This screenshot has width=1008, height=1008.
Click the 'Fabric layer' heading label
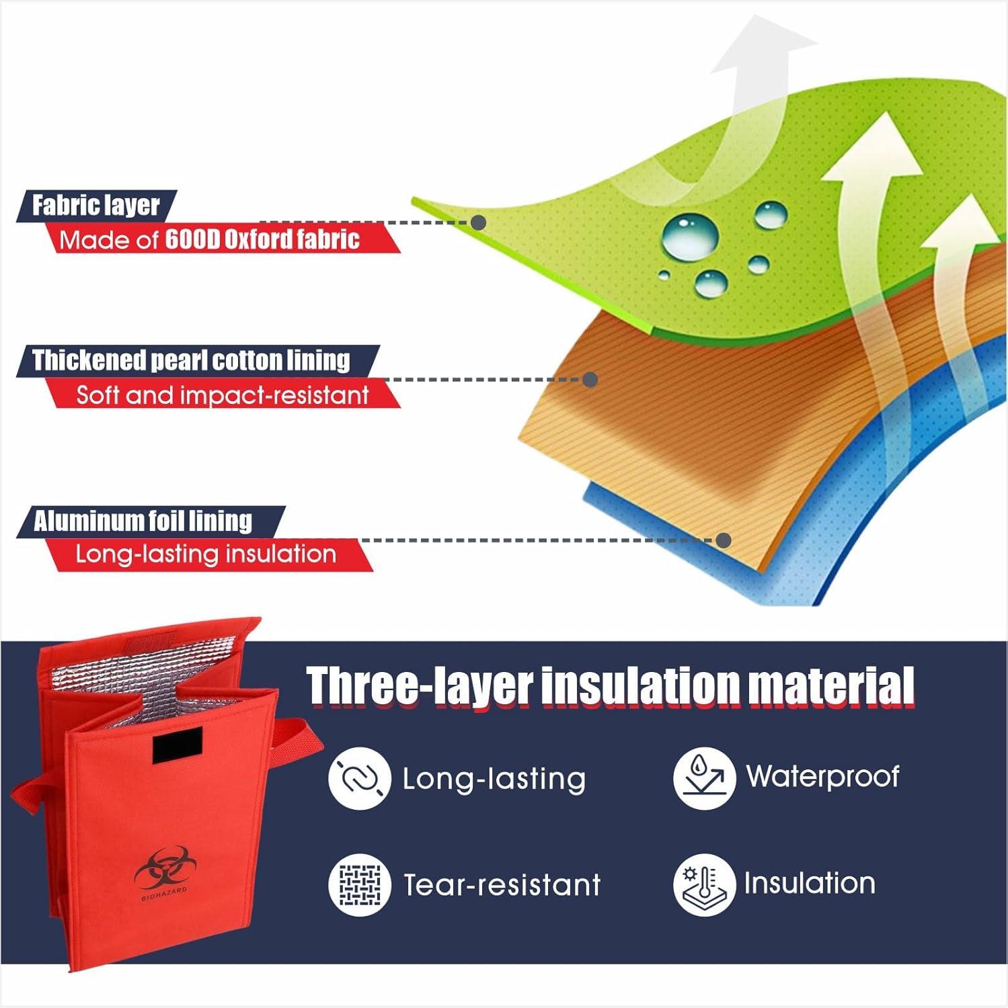pyautogui.click(x=96, y=206)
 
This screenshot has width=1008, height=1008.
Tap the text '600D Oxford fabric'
pyautogui.click(x=262, y=239)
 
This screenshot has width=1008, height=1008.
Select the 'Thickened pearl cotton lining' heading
pyautogui.click(x=192, y=360)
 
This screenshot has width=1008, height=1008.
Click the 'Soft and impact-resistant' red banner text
pyautogui.click(x=223, y=395)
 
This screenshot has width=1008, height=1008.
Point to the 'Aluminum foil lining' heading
pyautogui.click(x=143, y=521)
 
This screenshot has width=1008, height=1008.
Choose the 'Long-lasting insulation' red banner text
pyautogui.click(x=206, y=554)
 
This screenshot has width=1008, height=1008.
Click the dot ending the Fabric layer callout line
pyautogui.click(x=478, y=222)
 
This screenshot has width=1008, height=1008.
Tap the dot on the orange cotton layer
pyautogui.click(x=590, y=380)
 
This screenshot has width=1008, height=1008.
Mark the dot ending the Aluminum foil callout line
pyautogui.click(x=724, y=540)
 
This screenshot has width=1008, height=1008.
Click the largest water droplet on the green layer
pyautogui.click(x=690, y=236)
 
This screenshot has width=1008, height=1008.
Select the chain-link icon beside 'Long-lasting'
pyautogui.click(x=360, y=778)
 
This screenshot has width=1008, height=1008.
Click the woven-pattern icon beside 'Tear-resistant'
pyautogui.click(x=360, y=884)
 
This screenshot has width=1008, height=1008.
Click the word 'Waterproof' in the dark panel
pyautogui.click(x=823, y=777)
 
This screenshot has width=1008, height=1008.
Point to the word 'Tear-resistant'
pyautogui.click(x=502, y=885)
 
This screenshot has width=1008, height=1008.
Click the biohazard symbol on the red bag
pyautogui.click(x=161, y=868)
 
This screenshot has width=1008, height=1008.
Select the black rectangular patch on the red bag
pyautogui.click(x=177, y=745)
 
